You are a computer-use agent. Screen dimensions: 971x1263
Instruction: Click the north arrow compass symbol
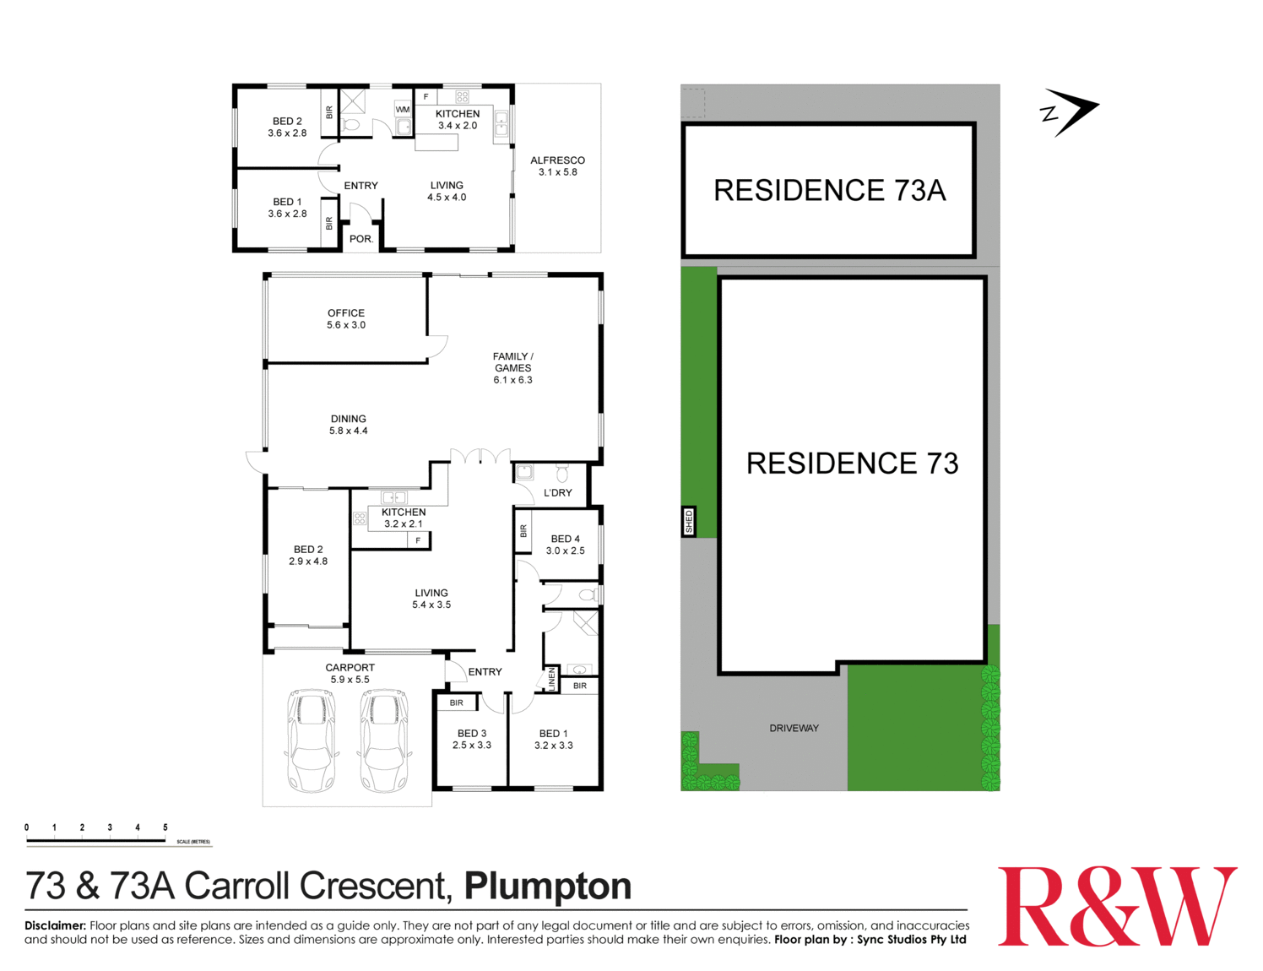1070,111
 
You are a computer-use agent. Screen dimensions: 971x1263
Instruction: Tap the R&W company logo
1117,907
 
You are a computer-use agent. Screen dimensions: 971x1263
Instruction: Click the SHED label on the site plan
689,522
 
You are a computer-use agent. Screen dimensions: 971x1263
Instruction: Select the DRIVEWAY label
794,728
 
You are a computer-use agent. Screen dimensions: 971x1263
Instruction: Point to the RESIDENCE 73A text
829,191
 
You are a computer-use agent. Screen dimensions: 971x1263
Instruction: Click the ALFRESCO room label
557,160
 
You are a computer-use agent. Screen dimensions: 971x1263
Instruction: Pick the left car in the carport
312,740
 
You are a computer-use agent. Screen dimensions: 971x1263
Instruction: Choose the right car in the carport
384,740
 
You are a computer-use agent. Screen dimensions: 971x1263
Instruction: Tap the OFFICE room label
346,313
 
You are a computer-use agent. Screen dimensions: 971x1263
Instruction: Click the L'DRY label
557,493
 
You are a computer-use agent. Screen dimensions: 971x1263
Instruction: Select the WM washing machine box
403,110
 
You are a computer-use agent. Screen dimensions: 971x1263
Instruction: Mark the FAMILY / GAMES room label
512,362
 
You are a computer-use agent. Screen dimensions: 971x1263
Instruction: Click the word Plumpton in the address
548,887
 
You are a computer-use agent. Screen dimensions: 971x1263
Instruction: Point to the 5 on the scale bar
165,827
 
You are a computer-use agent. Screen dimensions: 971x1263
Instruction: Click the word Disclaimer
56,925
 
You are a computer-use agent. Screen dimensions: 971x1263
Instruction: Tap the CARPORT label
350,668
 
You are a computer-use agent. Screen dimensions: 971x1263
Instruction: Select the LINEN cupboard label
552,679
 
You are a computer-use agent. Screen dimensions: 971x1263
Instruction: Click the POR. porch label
360,239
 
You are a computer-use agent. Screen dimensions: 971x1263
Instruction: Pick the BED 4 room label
565,539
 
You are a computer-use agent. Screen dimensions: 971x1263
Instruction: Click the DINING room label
348,419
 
